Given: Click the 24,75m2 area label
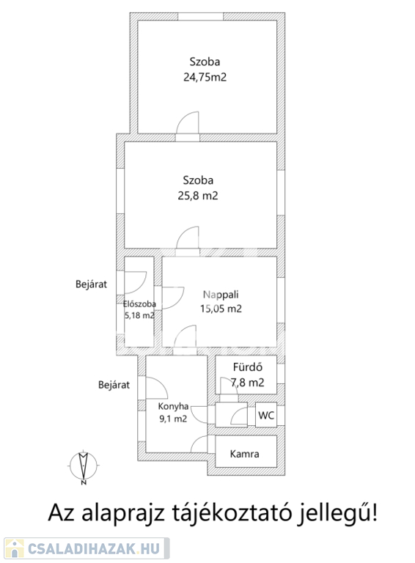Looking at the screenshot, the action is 205,77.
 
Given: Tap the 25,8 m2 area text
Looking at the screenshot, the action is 198,196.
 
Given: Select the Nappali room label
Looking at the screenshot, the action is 221,295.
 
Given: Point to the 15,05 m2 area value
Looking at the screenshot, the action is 221,309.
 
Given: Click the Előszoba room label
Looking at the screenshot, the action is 139,304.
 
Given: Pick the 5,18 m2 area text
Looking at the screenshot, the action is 139,316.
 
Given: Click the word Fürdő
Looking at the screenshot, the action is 248,367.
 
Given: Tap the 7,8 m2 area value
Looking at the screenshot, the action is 248,383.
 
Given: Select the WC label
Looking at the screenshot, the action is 266,415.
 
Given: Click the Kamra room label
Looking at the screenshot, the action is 244,454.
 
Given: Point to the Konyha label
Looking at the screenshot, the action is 173,406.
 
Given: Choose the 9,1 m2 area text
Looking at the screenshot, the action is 173,419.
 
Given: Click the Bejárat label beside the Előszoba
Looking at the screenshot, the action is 91,284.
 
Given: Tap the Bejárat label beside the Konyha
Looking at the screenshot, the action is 114,385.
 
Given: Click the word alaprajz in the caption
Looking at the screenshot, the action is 123,514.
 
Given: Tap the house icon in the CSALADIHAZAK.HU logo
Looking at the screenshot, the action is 15,548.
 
